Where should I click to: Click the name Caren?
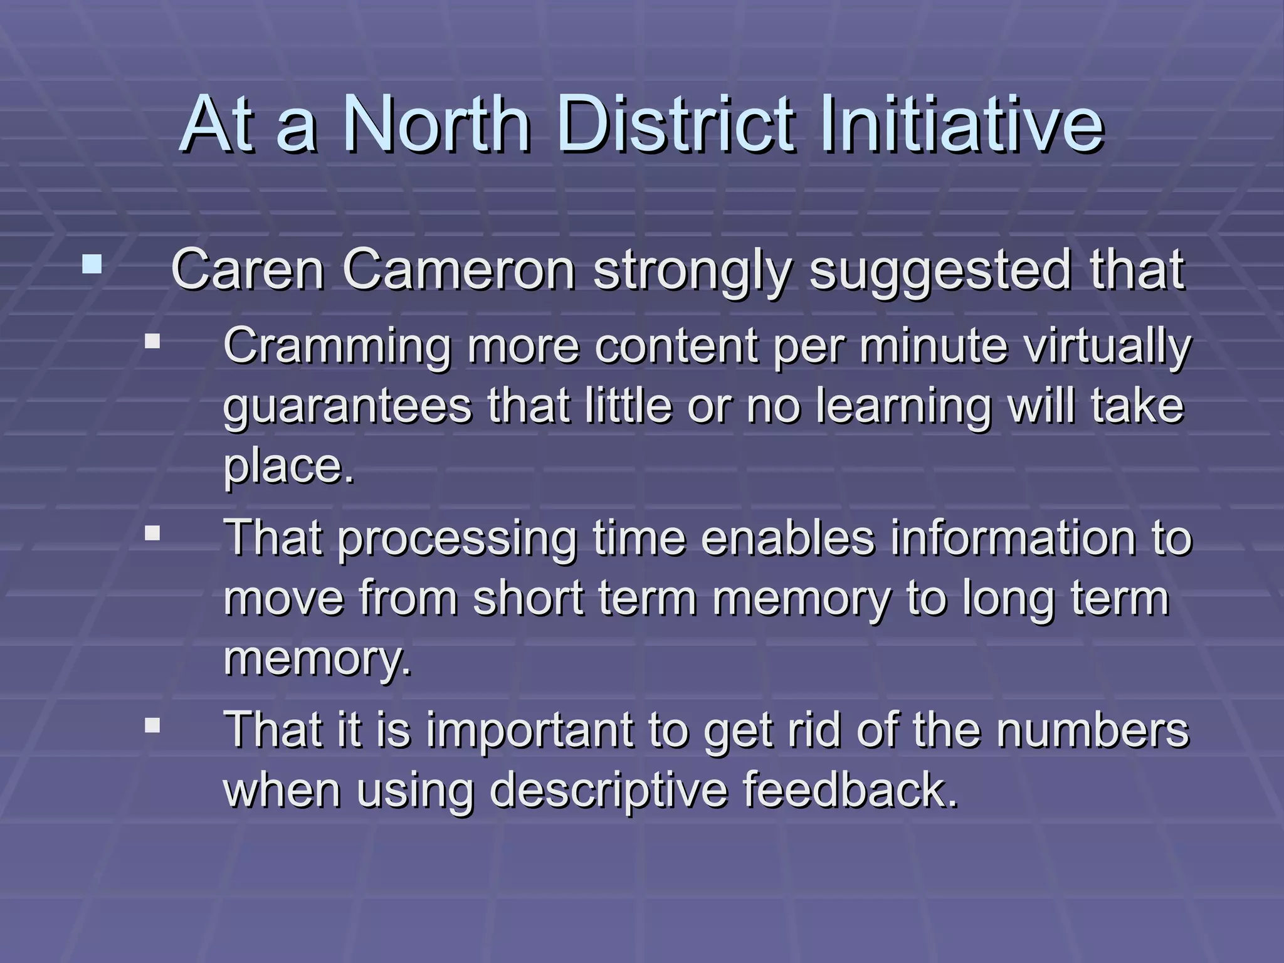247,270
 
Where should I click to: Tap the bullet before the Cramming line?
152,342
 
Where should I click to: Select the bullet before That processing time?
152,534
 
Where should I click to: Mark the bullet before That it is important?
152,725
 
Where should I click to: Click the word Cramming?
337,347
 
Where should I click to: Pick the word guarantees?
347,407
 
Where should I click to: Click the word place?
288,467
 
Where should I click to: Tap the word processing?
457,539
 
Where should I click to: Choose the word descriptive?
609,791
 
